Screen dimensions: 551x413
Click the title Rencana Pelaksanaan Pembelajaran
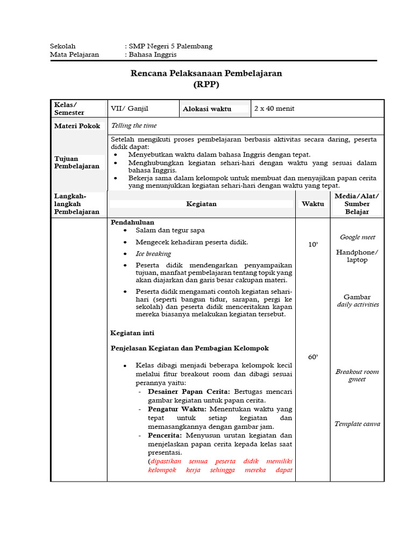coord(206,73)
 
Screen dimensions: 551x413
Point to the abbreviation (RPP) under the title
coord(206,84)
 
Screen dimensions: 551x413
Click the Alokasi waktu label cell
coord(207,109)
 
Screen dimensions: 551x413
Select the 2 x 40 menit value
coord(274,108)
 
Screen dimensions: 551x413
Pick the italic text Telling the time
coord(134,125)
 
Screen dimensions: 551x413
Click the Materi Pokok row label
coord(77,126)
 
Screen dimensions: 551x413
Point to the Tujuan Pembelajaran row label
coord(77,163)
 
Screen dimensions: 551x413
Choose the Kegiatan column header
coord(201,204)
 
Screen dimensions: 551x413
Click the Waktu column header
coord(313,204)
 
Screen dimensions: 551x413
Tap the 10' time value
coord(313,244)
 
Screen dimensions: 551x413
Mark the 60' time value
coord(313,357)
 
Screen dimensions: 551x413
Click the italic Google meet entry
coord(358,237)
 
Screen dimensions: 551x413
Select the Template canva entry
coord(357,424)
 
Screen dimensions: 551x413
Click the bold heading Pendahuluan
coord(132,222)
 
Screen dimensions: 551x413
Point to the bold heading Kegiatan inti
coord(132,333)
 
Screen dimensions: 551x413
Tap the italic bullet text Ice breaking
coord(153,254)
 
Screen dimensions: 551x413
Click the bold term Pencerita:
coord(165,435)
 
